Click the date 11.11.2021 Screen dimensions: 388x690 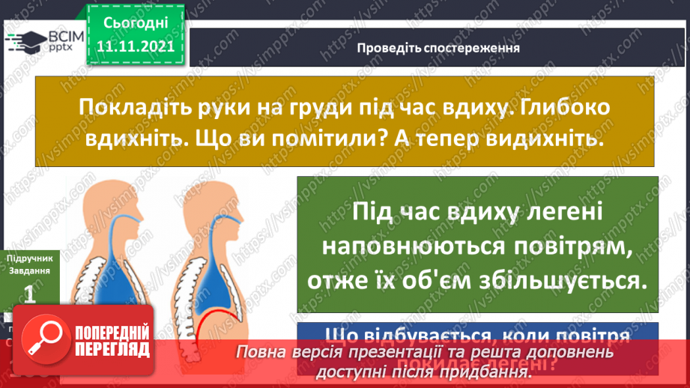134,46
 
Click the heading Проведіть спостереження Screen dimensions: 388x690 438,48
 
